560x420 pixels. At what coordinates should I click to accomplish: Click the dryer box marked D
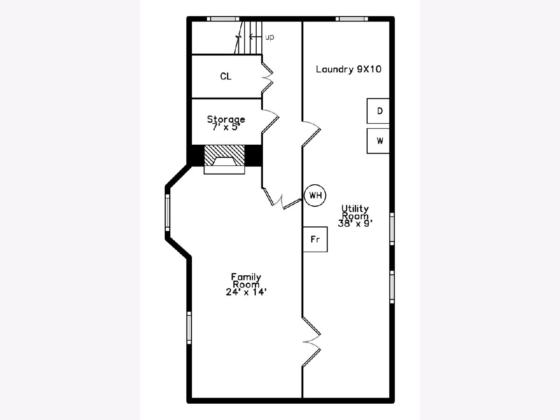point(378,111)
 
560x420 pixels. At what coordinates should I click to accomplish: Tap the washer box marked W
point(378,141)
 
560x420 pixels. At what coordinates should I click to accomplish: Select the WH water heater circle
point(315,196)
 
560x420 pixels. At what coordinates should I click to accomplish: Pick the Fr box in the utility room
point(315,239)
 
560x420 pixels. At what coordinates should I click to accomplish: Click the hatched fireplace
point(224,155)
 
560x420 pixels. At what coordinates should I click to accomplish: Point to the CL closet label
point(226,76)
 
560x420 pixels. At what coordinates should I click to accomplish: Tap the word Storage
point(226,119)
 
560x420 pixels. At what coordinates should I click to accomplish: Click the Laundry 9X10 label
point(349,69)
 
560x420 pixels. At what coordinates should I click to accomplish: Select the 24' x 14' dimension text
point(246,292)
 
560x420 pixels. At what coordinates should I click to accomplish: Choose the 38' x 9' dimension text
point(355,224)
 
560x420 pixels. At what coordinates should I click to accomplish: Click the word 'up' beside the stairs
point(270,37)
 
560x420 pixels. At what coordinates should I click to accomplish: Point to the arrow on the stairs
point(256,37)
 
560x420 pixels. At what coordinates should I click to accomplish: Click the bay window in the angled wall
point(168,213)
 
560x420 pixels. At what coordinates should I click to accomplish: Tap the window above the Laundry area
point(352,19)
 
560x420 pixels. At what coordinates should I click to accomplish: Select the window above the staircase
point(223,19)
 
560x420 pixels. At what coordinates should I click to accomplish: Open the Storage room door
point(270,121)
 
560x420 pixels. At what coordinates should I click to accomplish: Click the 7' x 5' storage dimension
point(226,127)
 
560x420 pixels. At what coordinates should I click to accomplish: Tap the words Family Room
point(246,280)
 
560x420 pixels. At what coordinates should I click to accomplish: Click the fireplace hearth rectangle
point(224,170)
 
